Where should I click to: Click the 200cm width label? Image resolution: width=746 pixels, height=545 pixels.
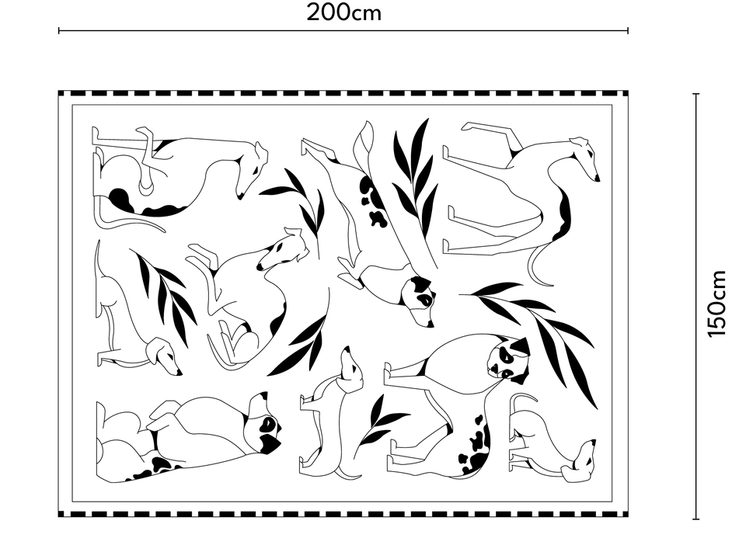(x=343, y=12)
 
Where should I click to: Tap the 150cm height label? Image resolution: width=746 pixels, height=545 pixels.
(x=717, y=304)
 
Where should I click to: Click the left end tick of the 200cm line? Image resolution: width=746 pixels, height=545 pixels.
(x=58, y=31)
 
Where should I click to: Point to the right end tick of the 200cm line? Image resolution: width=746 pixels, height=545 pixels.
(x=628, y=31)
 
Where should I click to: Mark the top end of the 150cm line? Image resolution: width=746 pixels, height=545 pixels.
(x=696, y=94)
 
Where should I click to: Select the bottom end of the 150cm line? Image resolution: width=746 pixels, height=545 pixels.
(x=696, y=519)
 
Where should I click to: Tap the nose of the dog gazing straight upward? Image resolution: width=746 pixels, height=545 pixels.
(x=347, y=349)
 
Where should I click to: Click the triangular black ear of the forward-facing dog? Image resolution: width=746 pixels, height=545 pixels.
(x=522, y=345)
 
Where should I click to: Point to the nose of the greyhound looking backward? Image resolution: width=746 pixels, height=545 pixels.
(x=260, y=267)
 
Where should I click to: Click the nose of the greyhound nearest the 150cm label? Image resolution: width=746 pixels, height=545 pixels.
(x=597, y=179)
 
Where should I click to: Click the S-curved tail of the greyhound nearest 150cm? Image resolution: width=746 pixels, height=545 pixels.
(x=539, y=266)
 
